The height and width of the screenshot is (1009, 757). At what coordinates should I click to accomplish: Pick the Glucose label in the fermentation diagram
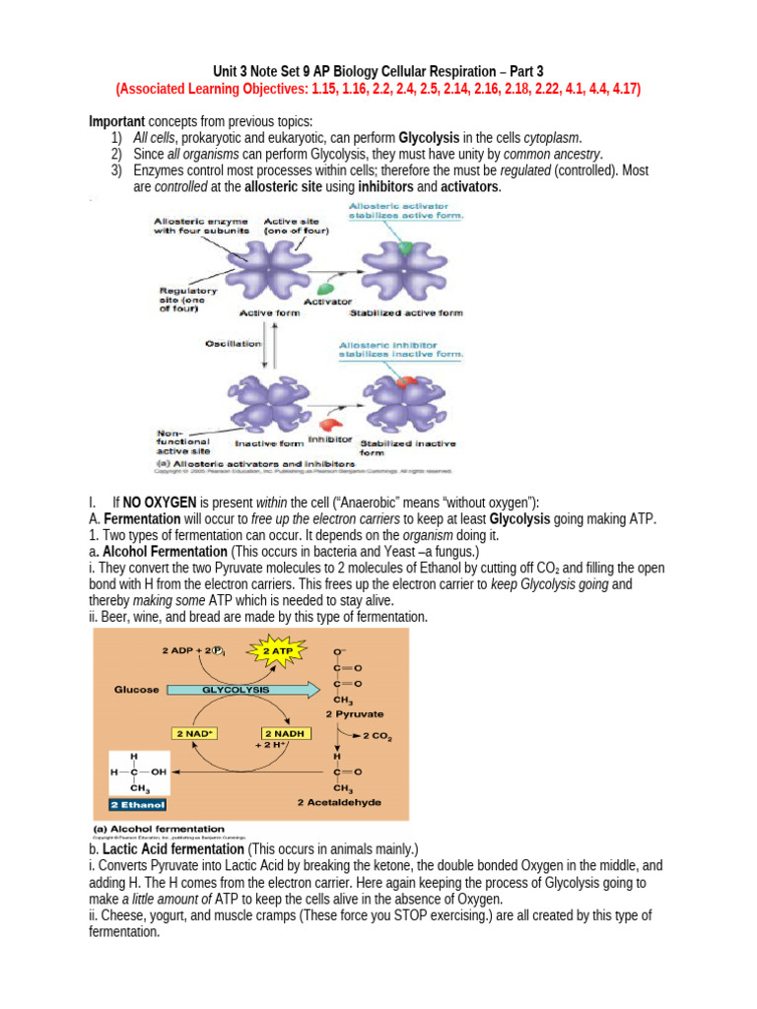pyautogui.click(x=136, y=690)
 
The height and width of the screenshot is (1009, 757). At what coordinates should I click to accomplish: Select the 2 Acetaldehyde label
pyautogui.click(x=339, y=802)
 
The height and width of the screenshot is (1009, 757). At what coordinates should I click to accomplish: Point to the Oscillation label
pyautogui.click(x=233, y=344)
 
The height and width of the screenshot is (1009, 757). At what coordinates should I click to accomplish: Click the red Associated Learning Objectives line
pyautogui.click(x=378, y=89)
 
